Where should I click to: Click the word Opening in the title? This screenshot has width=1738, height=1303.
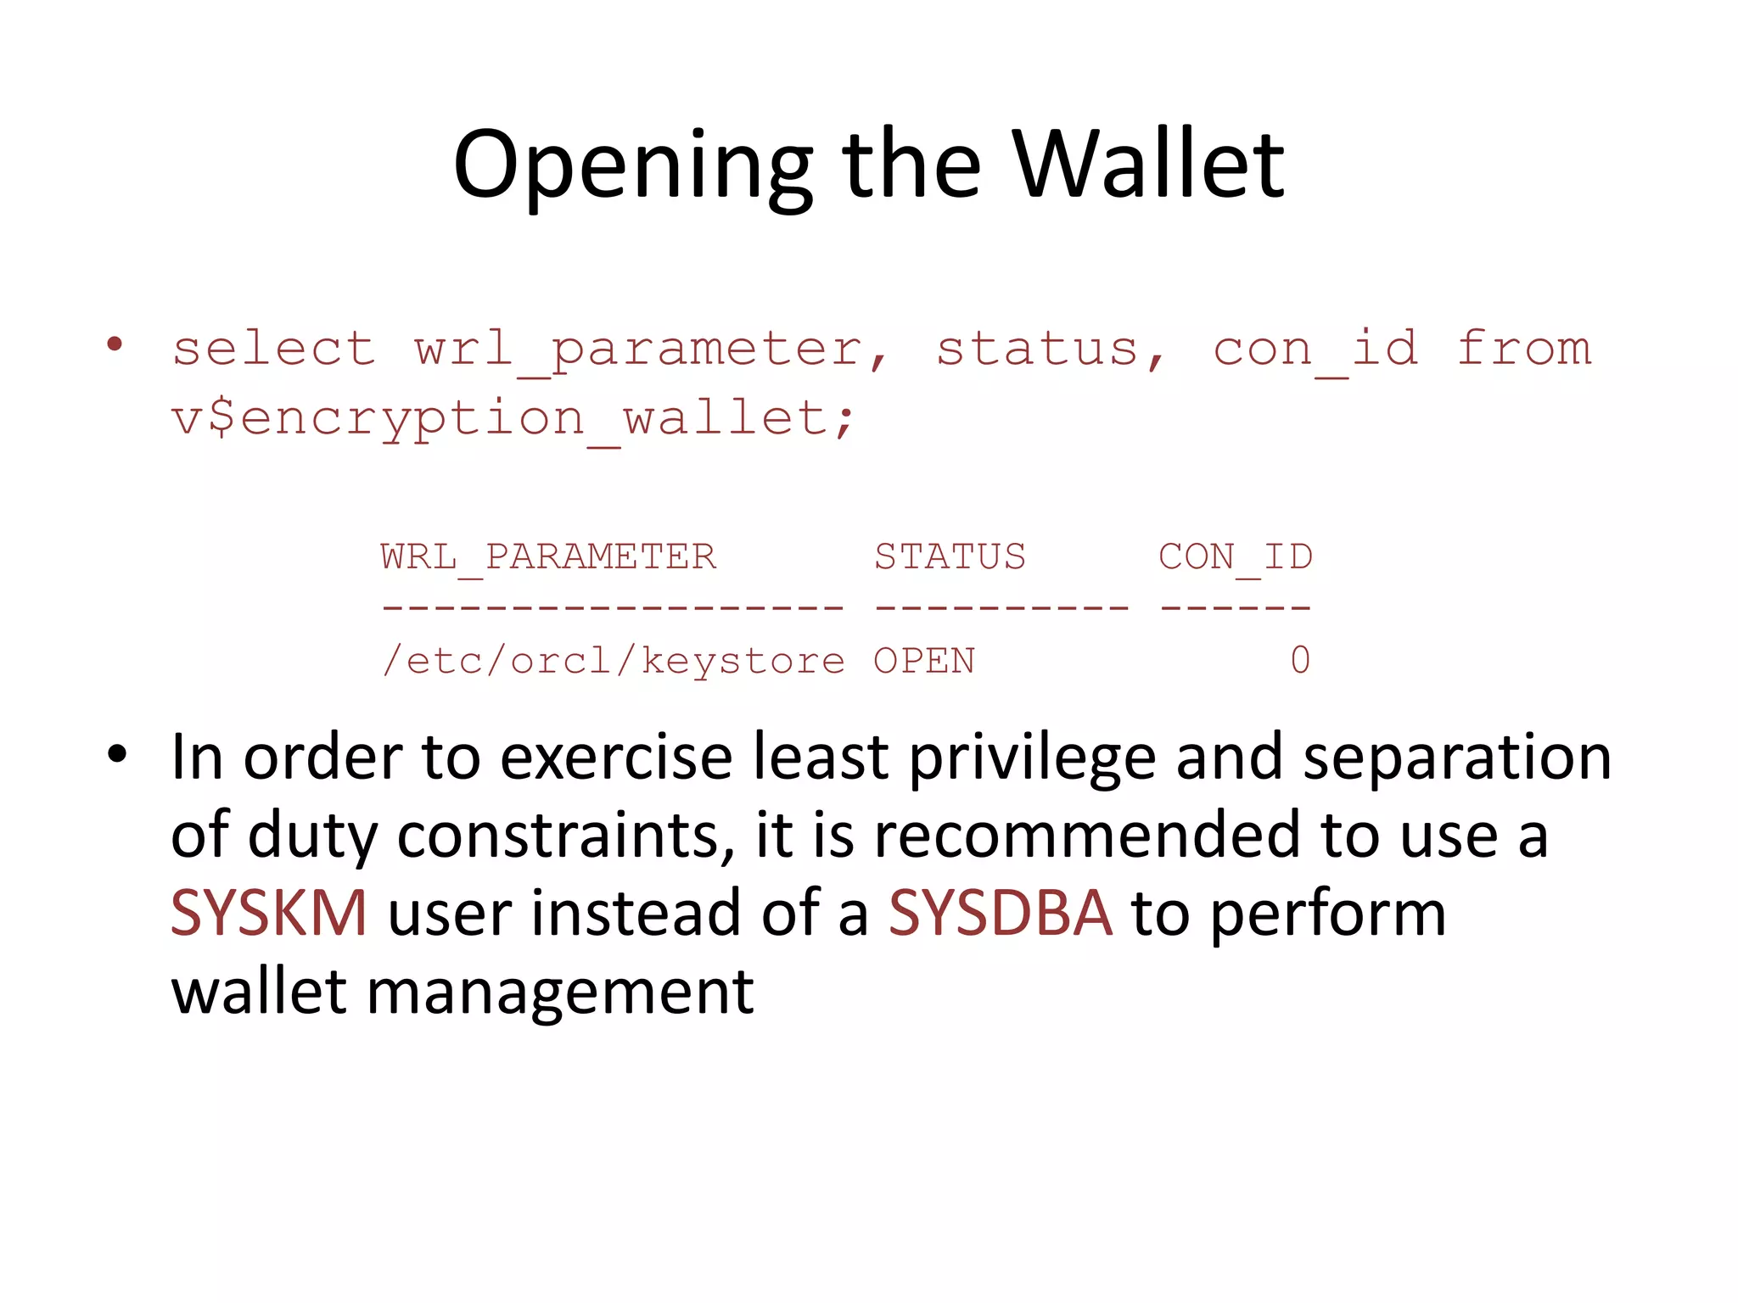633,166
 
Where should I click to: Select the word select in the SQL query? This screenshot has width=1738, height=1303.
273,349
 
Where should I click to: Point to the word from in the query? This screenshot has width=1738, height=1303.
1524,349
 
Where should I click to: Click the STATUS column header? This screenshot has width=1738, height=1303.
950,557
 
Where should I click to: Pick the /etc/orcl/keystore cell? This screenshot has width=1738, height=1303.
613,661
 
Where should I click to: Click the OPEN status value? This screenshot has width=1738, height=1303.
924,661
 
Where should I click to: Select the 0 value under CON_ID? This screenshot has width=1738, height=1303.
1300,660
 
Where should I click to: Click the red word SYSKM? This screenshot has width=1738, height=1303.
269,913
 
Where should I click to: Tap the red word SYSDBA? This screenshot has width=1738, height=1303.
1000,913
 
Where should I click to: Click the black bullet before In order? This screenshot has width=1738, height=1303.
117,754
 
